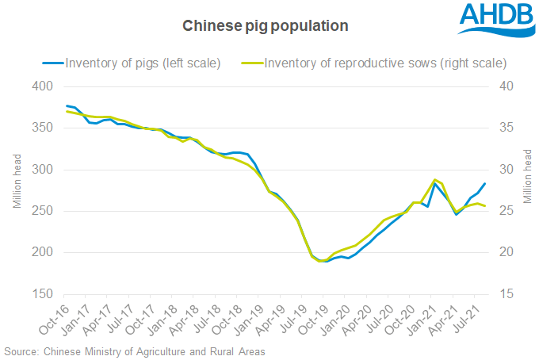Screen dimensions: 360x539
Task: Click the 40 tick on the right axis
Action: (x=504, y=86)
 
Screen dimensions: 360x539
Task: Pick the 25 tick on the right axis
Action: (x=504, y=211)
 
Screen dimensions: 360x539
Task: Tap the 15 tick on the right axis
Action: (x=504, y=294)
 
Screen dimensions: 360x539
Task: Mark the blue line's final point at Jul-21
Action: (x=485, y=184)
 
